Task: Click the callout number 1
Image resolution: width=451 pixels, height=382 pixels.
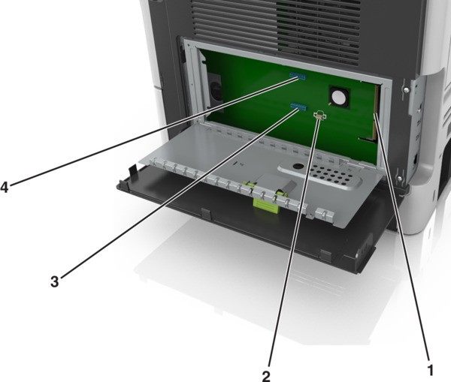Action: pos(430,370)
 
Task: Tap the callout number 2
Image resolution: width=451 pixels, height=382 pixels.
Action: pos(266,376)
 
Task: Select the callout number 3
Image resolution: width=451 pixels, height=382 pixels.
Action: pos(54,281)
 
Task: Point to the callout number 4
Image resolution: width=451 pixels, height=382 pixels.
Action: pos(5,188)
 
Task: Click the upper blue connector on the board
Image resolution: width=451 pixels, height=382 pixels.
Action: pos(298,76)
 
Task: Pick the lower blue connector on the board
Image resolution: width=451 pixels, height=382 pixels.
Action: pos(299,107)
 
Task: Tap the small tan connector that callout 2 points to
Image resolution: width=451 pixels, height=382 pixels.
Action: pos(319,115)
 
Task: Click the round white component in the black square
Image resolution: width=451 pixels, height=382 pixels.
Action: pos(339,96)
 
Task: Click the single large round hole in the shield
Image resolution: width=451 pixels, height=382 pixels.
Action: pos(298,167)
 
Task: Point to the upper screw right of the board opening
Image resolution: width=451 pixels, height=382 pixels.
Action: pos(406,90)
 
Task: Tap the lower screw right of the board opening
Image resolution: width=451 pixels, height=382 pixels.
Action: pos(400,179)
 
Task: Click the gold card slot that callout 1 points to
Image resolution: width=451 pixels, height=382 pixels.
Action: pos(377,113)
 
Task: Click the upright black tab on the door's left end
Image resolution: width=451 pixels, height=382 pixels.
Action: pos(132,171)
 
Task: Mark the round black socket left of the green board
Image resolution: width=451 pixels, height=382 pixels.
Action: pos(215,89)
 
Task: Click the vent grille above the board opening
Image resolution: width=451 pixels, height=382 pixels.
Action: pos(275,28)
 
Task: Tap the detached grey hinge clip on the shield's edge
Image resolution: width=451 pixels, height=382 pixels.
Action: pos(325,214)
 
